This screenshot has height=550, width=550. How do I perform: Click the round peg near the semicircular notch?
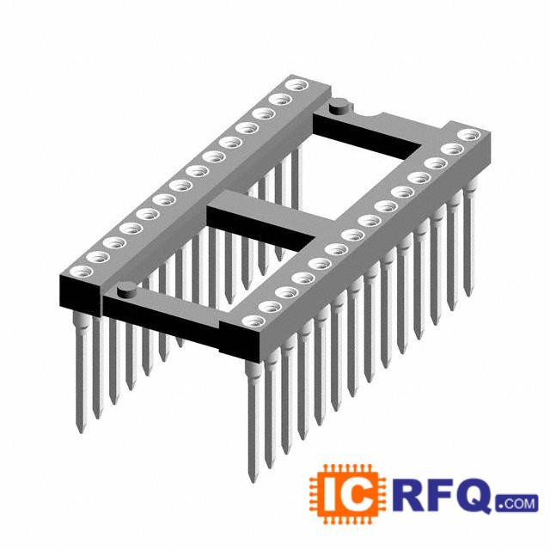(x=340, y=106)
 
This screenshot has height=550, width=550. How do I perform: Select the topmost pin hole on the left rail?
(x=297, y=85)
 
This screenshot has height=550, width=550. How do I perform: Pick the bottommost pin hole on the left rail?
(x=82, y=272)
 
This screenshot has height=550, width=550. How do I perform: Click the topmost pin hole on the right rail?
(x=469, y=135)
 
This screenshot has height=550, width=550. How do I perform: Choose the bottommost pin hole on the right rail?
(x=254, y=321)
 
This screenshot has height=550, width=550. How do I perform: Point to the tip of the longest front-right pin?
(x=253, y=481)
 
